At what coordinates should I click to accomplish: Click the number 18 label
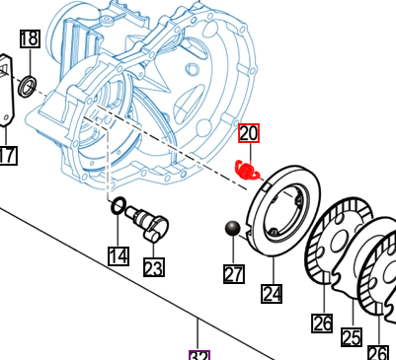(x=30, y=39)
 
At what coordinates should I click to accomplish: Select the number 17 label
(x=7, y=155)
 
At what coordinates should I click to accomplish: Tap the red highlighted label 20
(x=248, y=133)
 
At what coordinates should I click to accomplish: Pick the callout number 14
(x=119, y=256)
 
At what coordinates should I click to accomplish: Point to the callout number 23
(x=153, y=266)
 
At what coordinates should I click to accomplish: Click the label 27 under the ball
(x=233, y=273)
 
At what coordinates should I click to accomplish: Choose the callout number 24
(x=272, y=293)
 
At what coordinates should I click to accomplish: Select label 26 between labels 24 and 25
(x=322, y=323)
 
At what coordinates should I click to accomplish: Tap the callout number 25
(x=351, y=337)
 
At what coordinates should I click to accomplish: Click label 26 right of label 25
(x=377, y=351)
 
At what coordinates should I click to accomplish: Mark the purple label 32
(x=199, y=354)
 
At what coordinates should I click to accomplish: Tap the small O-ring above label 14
(x=118, y=207)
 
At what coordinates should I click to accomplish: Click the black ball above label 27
(x=233, y=230)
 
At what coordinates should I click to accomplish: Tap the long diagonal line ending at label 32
(x=99, y=266)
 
